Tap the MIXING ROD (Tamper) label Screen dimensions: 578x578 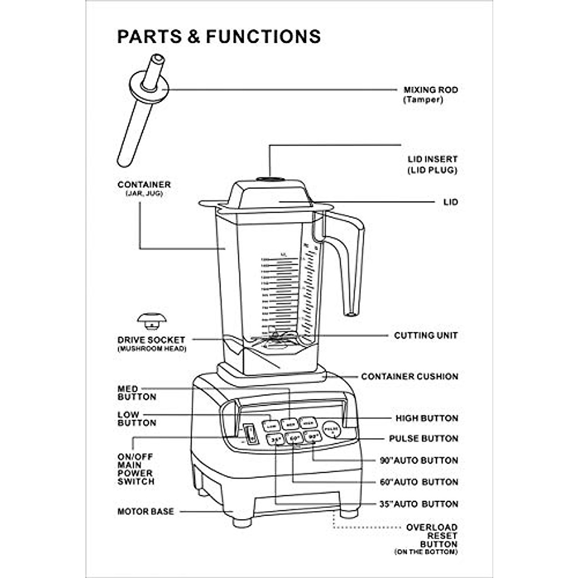click(x=430, y=94)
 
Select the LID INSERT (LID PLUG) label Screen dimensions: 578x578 click(x=432, y=164)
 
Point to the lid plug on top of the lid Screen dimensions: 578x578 click(x=270, y=179)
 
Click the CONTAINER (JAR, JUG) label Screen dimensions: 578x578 click(x=144, y=188)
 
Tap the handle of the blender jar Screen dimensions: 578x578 click(x=351, y=260)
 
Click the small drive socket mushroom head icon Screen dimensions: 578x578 click(x=152, y=320)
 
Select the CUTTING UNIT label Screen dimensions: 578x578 click(x=426, y=335)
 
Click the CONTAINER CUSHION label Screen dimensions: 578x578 click(x=409, y=376)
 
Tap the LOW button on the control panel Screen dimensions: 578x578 click(x=271, y=426)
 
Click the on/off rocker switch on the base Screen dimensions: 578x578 click(x=250, y=434)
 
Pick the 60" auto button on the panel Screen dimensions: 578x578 click(x=294, y=438)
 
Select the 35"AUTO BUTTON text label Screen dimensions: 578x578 click(x=419, y=504)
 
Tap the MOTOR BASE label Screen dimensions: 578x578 click(x=145, y=511)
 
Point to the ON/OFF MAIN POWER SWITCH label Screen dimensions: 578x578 click(x=136, y=469)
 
